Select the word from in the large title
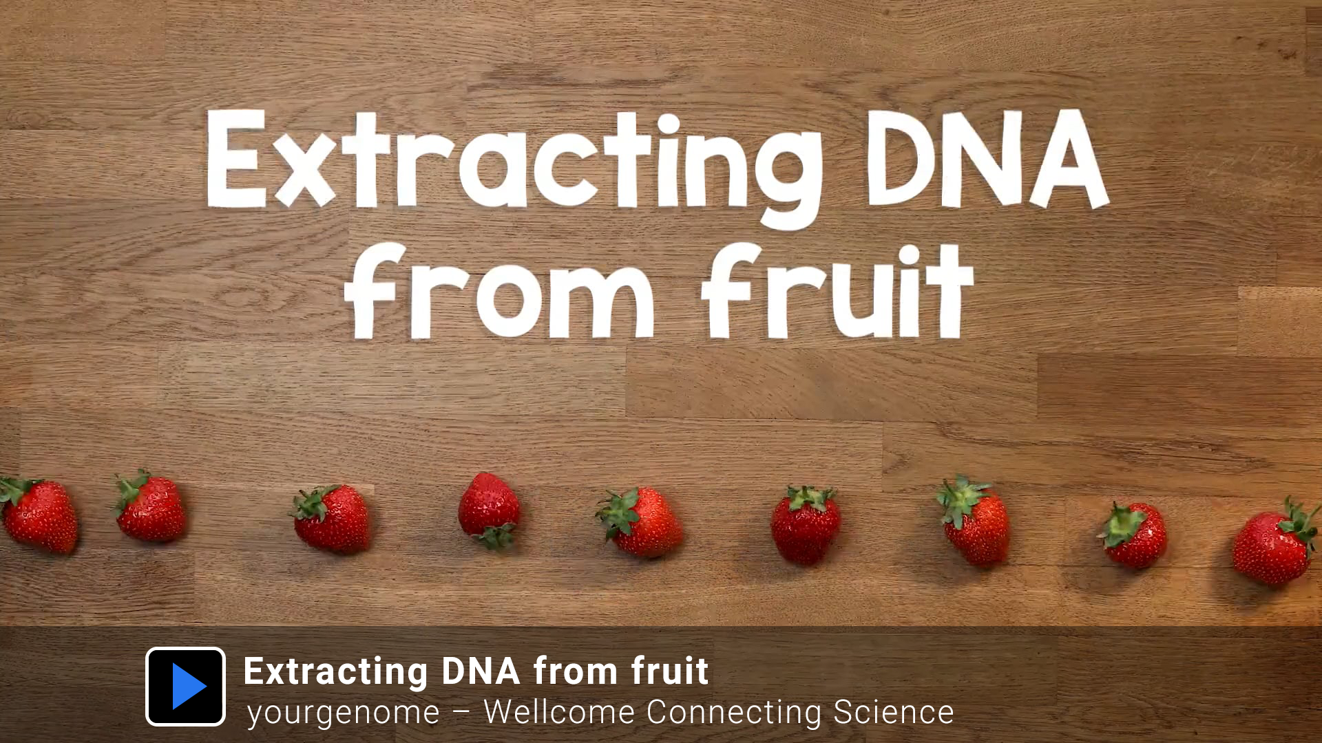coord(499,291)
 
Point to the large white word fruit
coord(837,291)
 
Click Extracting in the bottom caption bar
coord(335,672)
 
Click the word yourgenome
coord(344,713)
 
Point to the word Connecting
coord(734,713)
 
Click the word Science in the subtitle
coord(894,712)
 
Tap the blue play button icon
coord(185,687)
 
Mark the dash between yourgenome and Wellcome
coord(461,713)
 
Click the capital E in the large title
coord(236,158)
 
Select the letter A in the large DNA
coord(1068,159)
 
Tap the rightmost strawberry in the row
coord(1276,541)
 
